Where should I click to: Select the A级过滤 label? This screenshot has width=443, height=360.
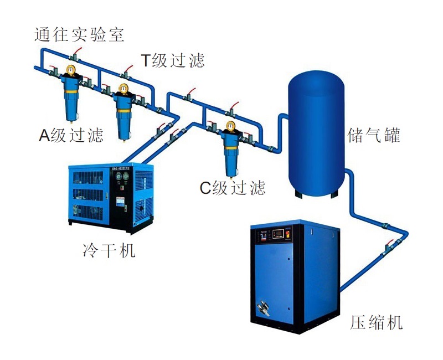tap(71, 135)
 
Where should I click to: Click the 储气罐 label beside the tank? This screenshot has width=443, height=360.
tap(374, 135)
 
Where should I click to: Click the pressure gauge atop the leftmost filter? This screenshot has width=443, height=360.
tap(71, 70)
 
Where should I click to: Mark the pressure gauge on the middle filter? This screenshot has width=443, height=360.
tap(123, 88)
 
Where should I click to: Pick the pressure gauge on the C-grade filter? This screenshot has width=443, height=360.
tap(230, 125)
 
